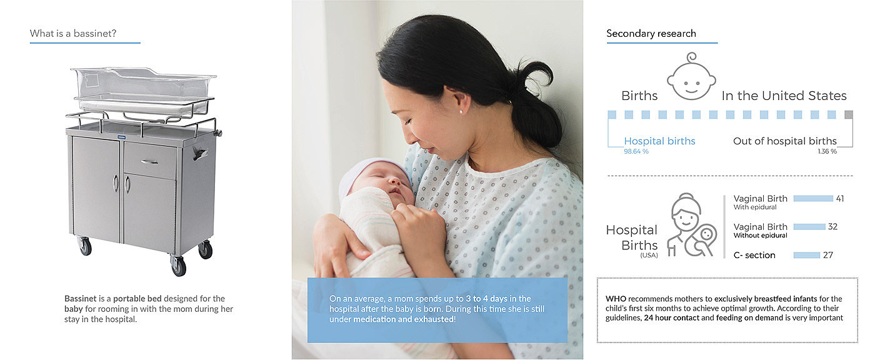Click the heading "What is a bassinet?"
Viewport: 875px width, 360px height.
tap(73, 34)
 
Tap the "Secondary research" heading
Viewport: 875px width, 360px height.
tap(651, 34)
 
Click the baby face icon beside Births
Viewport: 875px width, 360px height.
tap(691, 76)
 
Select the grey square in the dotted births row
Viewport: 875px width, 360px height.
tap(849, 114)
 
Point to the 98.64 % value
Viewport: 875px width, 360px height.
tap(636, 151)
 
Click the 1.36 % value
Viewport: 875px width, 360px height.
tap(827, 151)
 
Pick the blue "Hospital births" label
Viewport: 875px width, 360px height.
tap(660, 141)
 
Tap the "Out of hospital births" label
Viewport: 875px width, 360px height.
tap(785, 141)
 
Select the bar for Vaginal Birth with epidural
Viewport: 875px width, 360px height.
tap(813, 198)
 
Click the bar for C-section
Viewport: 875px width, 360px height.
tap(807, 256)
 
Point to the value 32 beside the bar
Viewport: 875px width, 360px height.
tap(832, 227)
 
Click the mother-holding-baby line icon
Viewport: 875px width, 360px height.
tap(691, 225)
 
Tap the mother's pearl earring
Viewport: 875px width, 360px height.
tap(461, 112)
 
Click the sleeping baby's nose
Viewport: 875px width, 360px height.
tap(393, 181)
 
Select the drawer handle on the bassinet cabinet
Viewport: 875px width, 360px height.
tap(149, 162)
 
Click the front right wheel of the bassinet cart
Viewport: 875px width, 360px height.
tap(179, 266)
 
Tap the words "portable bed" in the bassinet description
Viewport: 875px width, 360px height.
tap(137, 299)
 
